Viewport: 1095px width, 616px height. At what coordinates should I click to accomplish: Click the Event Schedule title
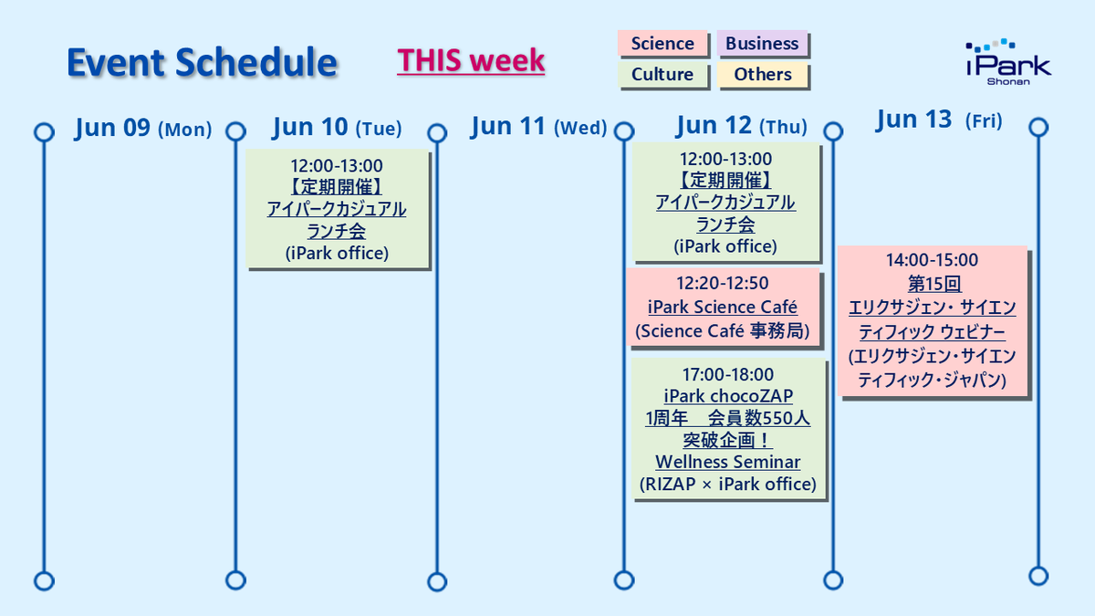click(202, 63)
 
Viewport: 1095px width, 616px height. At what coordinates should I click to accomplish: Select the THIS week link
click(471, 60)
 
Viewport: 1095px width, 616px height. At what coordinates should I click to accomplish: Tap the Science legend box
click(662, 44)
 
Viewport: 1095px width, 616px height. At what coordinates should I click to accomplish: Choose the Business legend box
click(762, 44)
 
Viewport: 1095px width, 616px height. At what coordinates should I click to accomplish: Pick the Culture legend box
click(662, 74)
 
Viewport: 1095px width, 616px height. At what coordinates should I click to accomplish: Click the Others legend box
click(763, 74)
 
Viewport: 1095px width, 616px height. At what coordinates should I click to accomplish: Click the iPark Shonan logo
click(1008, 62)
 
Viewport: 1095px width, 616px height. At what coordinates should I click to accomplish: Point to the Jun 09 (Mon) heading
click(143, 128)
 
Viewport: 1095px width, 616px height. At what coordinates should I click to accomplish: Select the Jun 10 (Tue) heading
click(338, 127)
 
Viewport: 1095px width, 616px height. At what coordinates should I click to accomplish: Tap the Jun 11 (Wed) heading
click(538, 126)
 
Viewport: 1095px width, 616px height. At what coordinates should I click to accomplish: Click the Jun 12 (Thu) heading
click(742, 125)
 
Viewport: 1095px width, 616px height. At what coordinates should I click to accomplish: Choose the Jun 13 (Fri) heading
click(939, 120)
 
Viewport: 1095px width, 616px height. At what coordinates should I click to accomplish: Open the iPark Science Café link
click(723, 307)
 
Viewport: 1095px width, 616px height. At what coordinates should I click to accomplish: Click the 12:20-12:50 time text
click(723, 283)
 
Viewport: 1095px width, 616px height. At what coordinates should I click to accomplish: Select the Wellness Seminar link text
click(728, 462)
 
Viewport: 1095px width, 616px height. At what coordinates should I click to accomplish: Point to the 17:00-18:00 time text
click(728, 374)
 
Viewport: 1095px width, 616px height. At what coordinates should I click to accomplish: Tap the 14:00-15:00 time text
click(933, 260)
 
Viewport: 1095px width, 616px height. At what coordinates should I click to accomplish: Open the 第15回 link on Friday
click(934, 284)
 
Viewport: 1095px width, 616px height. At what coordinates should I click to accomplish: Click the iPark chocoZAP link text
click(728, 396)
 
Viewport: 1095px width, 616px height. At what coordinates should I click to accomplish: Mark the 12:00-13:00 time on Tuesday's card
click(337, 166)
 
